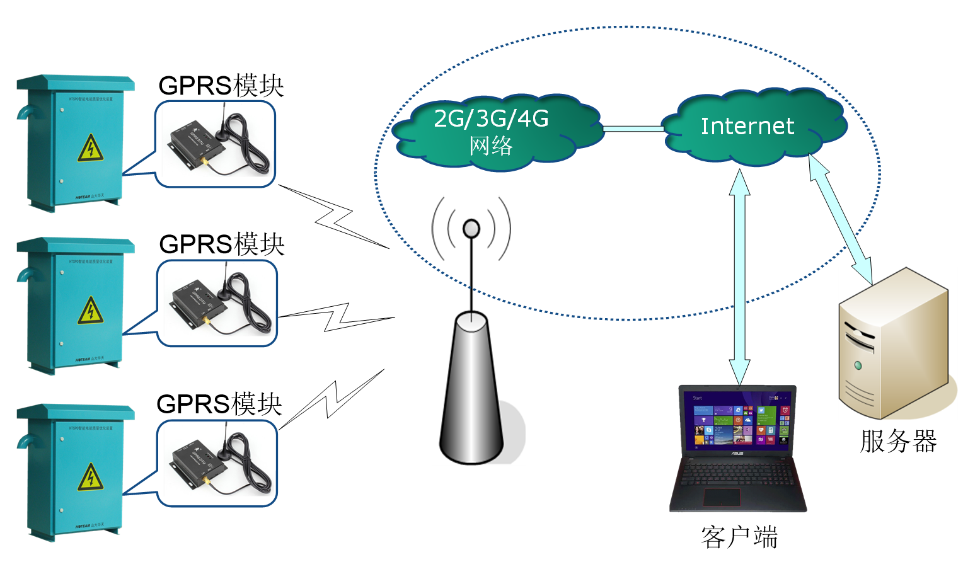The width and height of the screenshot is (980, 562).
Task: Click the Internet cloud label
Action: click(747, 126)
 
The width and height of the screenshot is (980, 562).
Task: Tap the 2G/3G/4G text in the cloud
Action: click(491, 118)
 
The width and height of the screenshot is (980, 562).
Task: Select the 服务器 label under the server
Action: click(898, 441)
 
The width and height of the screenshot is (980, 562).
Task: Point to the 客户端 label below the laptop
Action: click(739, 537)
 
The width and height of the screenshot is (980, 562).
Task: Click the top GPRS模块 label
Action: click(221, 86)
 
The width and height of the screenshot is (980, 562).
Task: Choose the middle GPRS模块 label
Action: click(222, 244)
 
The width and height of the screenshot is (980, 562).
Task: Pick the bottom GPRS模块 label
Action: click(219, 404)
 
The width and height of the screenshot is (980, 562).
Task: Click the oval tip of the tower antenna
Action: click(471, 228)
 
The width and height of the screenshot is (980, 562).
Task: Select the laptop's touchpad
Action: click(722, 496)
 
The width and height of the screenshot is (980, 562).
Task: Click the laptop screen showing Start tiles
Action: click(737, 419)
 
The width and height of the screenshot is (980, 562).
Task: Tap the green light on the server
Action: click(858, 365)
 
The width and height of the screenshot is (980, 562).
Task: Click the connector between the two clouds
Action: click(633, 129)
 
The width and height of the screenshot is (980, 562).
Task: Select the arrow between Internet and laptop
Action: click(739, 277)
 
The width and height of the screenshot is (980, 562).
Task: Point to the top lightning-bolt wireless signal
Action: click(334, 217)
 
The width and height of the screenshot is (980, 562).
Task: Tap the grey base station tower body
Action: click(471, 391)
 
